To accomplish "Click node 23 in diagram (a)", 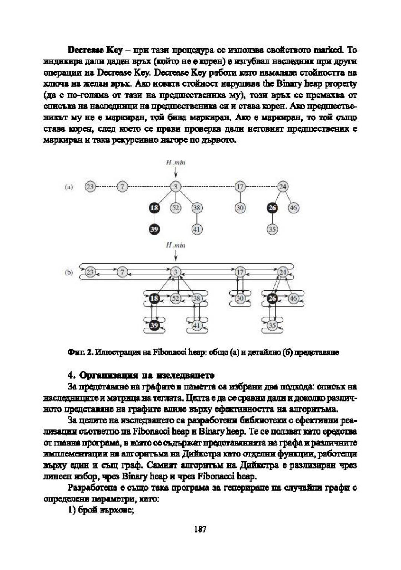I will (x=90, y=186).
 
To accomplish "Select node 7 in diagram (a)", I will (x=122, y=186).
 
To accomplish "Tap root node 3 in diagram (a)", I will (x=176, y=186).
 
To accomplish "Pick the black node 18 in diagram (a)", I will (x=154, y=208).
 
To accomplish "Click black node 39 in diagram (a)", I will (x=154, y=229).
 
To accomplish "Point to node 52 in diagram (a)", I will (x=176, y=208).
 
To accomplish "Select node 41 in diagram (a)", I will (x=197, y=229).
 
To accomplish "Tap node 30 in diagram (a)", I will (x=240, y=208).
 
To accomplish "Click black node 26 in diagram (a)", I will (x=272, y=208).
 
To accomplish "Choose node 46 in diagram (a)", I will (x=293, y=208).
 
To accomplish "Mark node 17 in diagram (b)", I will (x=240, y=272).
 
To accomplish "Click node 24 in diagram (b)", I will (x=283, y=272).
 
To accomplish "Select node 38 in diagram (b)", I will (x=197, y=298).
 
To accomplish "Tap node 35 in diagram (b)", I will (x=272, y=325).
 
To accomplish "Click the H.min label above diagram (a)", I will (x=176, y=163).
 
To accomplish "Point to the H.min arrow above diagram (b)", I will (x=176, y=256).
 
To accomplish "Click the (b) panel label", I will (x=69, y=272).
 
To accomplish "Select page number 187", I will (x=200, y=529).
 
